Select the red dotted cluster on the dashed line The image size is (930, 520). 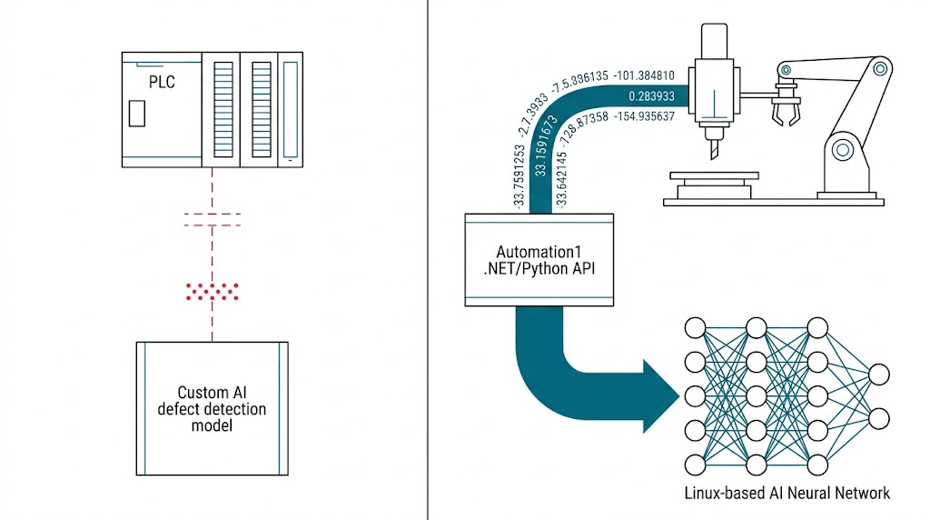pos(212,291)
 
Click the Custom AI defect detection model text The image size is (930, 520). pos(212,408)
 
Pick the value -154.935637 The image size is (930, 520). pos(644,116)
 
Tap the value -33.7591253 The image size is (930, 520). pos(519,178)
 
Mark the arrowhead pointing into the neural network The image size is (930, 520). pos(662,396)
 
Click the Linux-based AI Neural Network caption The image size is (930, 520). pos(787,494)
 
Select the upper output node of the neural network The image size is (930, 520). pos(878,374)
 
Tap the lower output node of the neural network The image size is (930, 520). pos(878,418)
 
